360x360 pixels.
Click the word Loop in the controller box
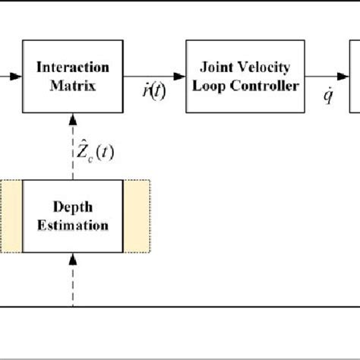[215, 85]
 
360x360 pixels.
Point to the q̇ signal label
[328, 97]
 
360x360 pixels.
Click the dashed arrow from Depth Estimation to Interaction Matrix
[72, 144]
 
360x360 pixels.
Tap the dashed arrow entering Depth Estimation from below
[72, 278]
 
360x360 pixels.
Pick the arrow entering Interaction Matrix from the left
[11, 75]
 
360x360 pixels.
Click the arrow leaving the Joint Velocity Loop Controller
[327, 75]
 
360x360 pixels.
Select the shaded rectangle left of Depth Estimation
[11, 216]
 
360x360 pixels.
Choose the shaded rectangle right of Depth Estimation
[136, 216]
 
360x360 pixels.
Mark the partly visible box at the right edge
[355, 75]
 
